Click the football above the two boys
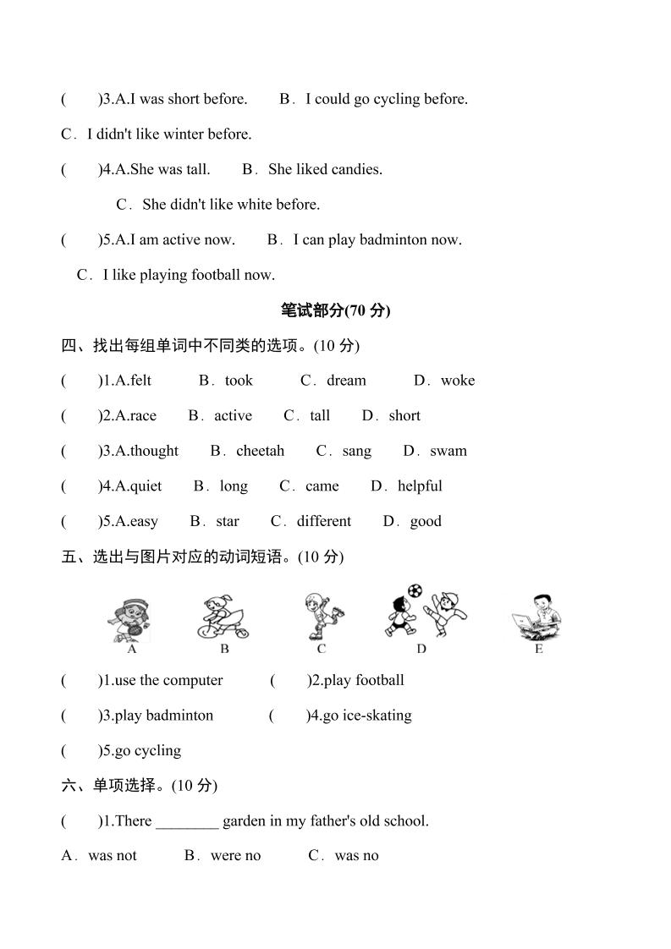click(414, 590)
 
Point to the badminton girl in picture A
click(131, 618)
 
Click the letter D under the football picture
click(421, 649)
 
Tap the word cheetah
click(260, 451)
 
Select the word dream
click(346, 381)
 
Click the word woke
click(458, 381)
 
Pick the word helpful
click(420, 486)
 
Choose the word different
click(323, 521)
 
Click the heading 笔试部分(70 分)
click(335, 310)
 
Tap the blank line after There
click(187, 821)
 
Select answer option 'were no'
click(235, 856)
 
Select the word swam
click(448, 451)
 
